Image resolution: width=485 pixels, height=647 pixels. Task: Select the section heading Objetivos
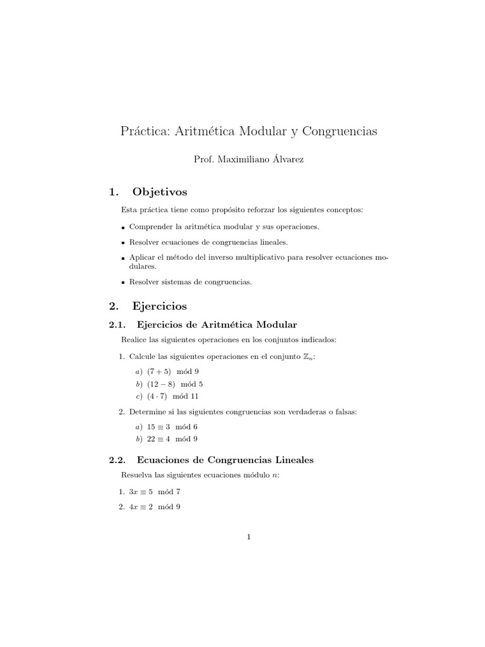pos(160,192)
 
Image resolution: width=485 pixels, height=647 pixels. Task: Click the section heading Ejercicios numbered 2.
pos(160,306)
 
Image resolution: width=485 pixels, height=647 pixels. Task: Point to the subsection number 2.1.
pos(118,325)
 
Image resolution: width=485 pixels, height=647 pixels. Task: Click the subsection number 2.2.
pos(118,460)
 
